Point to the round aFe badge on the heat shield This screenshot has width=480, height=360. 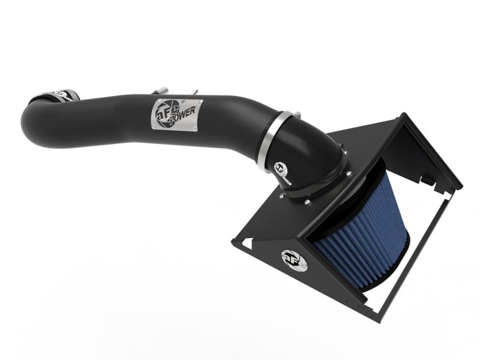tap(294, 260)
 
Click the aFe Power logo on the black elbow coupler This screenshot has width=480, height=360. tap(281, 173)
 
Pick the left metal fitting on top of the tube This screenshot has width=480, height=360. tap(160, 91)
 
